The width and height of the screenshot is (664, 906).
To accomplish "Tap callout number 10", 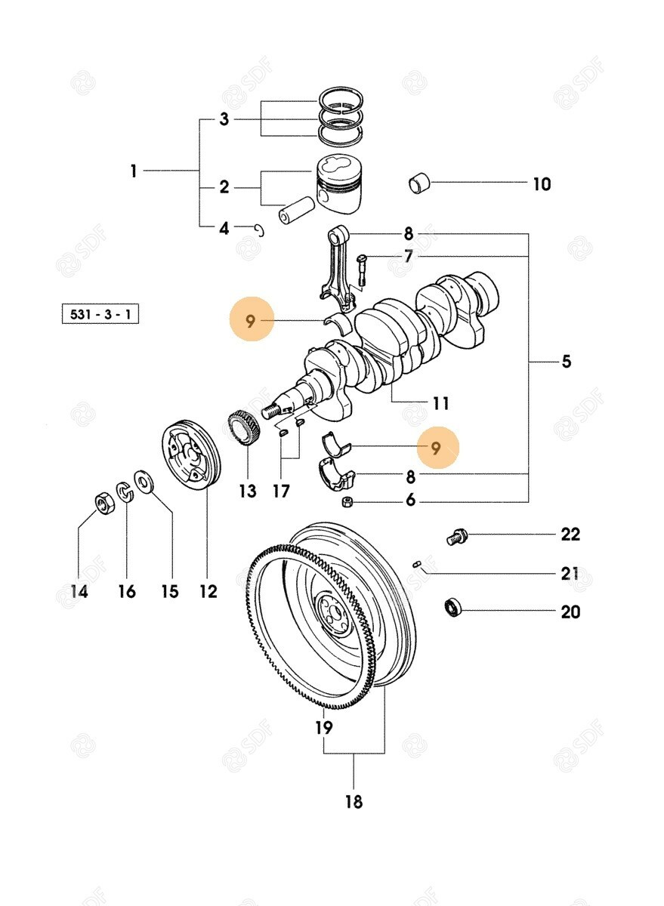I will pos(542,184).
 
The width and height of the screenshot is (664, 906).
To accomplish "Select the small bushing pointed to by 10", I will pos(419,183).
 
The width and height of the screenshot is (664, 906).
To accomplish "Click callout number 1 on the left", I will pos(134,171).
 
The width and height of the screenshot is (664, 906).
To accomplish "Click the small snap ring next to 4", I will pos(259,230).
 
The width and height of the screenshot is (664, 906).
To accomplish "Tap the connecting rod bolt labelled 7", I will pos(361,270).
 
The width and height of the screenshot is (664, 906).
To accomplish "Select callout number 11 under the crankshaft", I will pos(441,403).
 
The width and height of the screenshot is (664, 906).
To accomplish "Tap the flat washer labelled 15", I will pos(143,481).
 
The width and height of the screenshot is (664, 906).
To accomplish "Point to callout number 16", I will pos(127,591).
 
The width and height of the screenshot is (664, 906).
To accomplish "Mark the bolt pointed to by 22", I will pos(456,536).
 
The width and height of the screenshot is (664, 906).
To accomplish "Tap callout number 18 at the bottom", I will pos(354,801).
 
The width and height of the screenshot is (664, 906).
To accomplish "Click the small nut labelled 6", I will pos(346,501).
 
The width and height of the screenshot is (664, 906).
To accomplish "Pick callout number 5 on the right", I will pos(566,362).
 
